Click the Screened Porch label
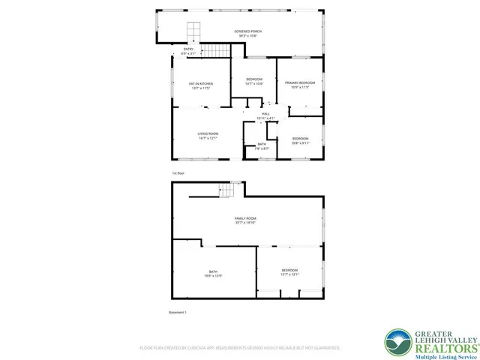247,34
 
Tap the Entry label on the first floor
188,52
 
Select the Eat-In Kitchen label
200,85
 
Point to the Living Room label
208,136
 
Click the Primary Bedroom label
299,85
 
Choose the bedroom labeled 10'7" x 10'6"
254,81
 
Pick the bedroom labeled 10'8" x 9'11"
300,140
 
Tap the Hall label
265,116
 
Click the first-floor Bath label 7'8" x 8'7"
262,146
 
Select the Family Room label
246,220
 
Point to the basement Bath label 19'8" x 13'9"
213,274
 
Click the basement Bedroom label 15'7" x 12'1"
289,271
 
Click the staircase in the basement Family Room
226,191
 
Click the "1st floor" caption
178,173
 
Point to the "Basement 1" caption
177,312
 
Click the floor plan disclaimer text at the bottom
240,348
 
